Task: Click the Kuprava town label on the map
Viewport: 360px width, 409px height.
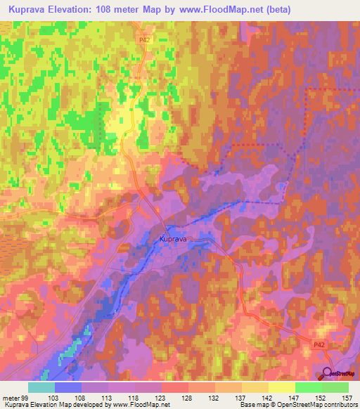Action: click(173, 239)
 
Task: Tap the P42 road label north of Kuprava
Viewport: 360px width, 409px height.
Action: click(143, 41)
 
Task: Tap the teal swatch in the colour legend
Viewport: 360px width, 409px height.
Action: click(41, 387)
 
